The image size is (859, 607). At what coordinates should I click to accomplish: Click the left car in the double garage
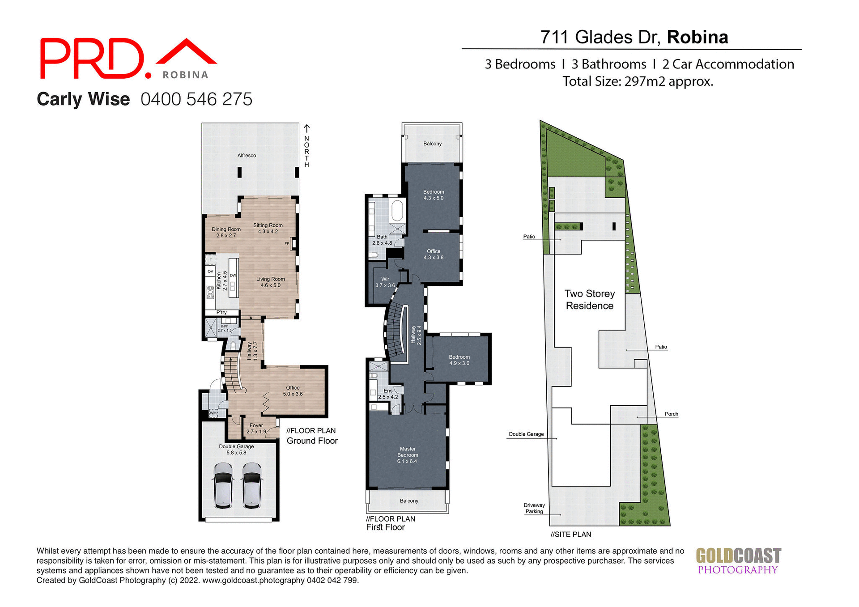tap(223, 485)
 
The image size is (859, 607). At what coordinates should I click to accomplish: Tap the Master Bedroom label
tap(408, 455)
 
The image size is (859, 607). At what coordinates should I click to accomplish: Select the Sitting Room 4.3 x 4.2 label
tap(268, 228)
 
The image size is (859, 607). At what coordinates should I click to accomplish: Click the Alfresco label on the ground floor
tap(247, 156)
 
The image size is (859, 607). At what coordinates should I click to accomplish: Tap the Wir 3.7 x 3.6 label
tap(385, 282)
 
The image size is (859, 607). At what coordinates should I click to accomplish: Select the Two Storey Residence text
tap(589, 300)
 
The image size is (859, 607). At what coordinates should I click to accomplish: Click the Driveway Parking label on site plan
tap(534, 508)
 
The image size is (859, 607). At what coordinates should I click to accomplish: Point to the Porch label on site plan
tap(671, 414)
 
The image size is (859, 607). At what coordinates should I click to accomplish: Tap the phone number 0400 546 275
tap(196, 99)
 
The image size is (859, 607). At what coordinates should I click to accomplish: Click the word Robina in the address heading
tap(697, 37)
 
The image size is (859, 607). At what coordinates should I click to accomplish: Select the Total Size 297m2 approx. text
tap(638, 81)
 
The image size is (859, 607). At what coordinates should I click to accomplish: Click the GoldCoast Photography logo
tap(738, 561)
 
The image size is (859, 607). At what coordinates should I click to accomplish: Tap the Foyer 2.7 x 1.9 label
tap(256, 429)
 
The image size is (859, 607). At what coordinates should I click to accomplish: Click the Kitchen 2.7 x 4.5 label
tap(222, 281)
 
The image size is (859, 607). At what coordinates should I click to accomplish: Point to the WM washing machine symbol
tap(213, 413)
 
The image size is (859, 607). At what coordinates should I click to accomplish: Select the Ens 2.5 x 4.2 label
tap(388, 394)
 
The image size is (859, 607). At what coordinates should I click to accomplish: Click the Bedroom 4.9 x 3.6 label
tap(459, 360)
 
